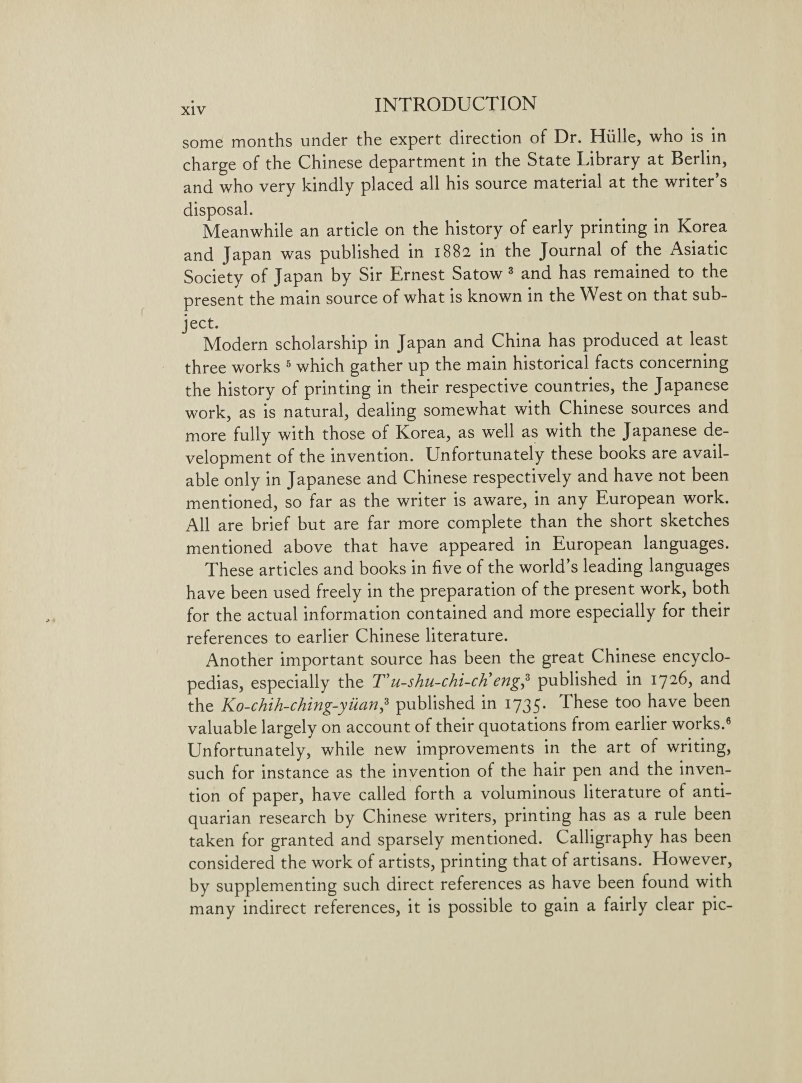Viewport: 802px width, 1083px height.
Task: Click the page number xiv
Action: point(193,108)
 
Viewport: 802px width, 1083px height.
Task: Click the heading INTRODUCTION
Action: point(456,104)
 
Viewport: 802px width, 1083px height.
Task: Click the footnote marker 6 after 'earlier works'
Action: point(727,721)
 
